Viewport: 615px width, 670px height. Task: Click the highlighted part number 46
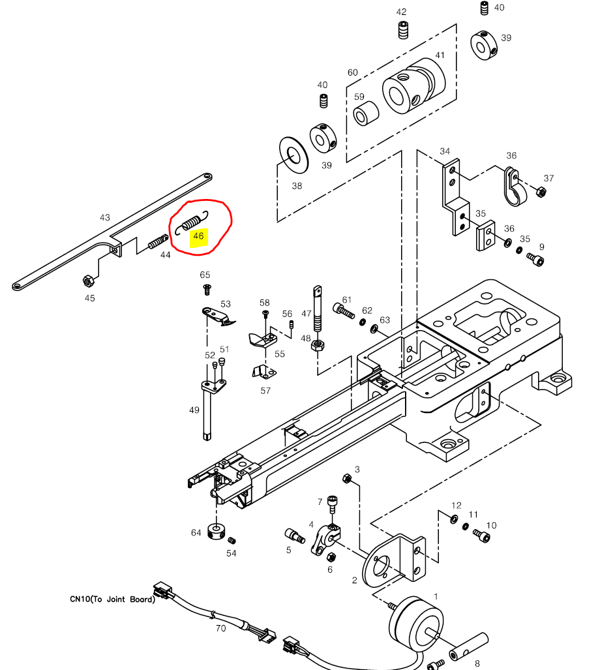pyautogui.click(x=198, y=236)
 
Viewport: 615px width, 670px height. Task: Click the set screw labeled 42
pyautogui.click(x=402, y=30)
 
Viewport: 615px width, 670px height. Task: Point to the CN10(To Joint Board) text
pyautogui.click(x=112, y=599)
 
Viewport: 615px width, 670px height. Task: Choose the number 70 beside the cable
pyautogui.click(x=220, y=629)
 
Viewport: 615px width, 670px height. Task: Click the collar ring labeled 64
pyautogui.click(x=215, y=531)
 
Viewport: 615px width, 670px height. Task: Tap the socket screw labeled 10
pyautogui.click(x=482, y=536)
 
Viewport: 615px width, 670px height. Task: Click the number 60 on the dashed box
pyautogui.click(x=352, y=72)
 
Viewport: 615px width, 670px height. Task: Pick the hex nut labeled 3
pyautogui.click(x=348, y=480)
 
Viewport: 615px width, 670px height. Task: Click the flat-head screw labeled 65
pyautogui.click(x=207, y=288)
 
